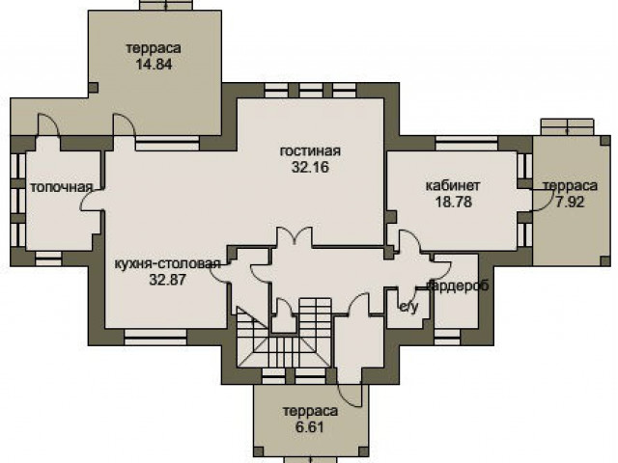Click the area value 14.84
tap(154, 65)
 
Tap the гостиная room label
tap(310, 150)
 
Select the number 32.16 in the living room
tap(310, 167)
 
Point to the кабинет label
tap(453, 185)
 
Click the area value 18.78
tap(454, 202)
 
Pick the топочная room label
tap(62, 187)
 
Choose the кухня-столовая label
tap(167, 263)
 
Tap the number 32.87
tap(167, 280)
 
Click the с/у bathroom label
tap(408, 308)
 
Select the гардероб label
tap(458, 286)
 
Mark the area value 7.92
tap(570, 202)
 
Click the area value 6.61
tap(310, 426)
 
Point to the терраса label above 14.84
tap(154, 48)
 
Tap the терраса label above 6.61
tap(311, 411)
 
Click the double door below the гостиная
tap(295, 237)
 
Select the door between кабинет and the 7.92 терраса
tap(540, 200)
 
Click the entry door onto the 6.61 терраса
tap(350, 395)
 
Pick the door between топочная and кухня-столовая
tap(92, 200)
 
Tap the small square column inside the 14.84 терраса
tap(93, 88)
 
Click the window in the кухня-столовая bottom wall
tap(155, 337)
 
